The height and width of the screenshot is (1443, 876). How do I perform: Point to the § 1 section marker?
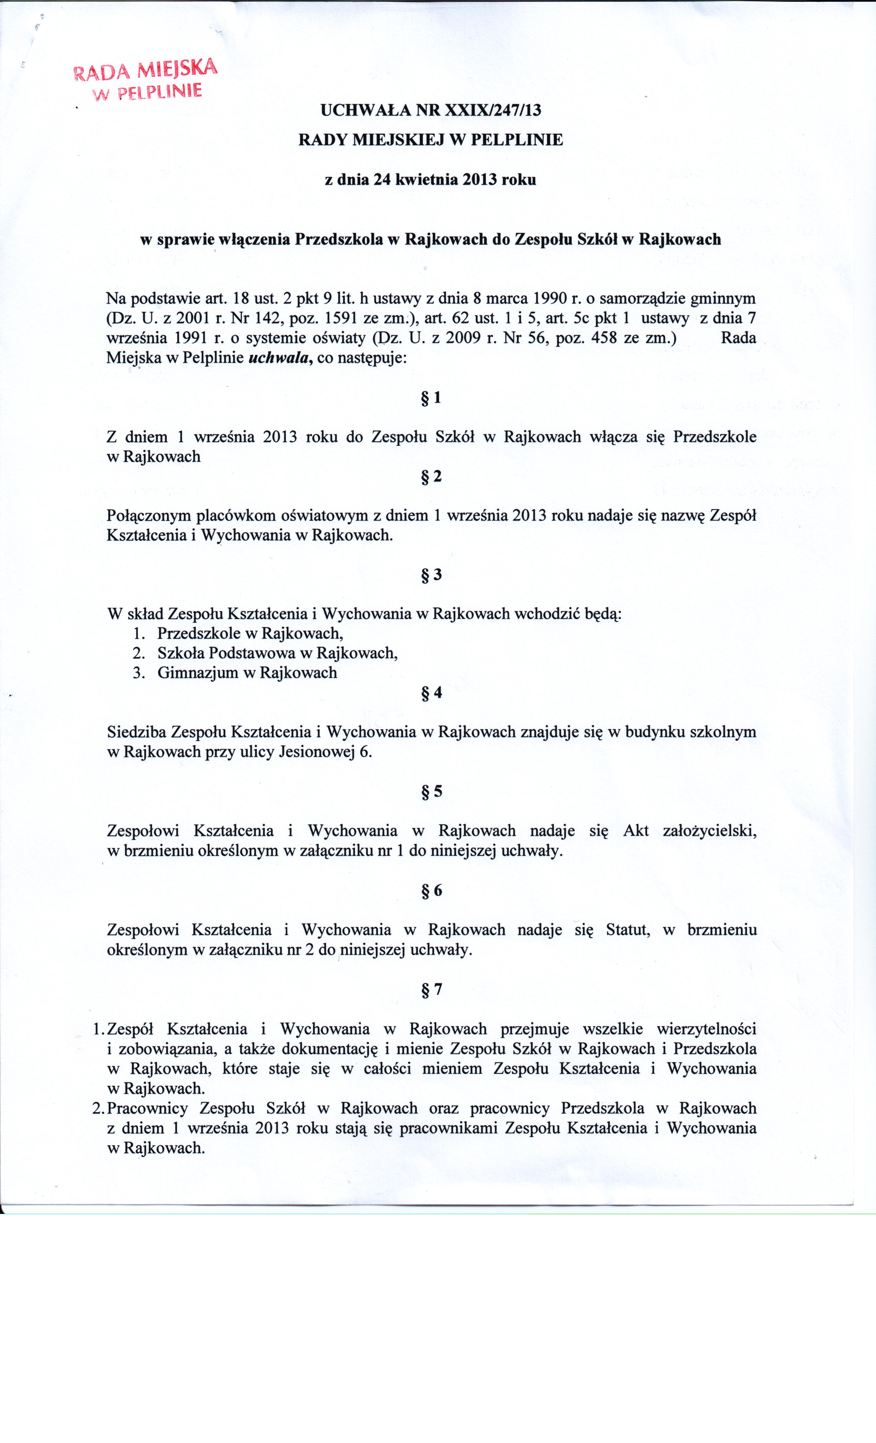431,398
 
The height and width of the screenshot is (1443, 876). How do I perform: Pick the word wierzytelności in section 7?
706,1029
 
